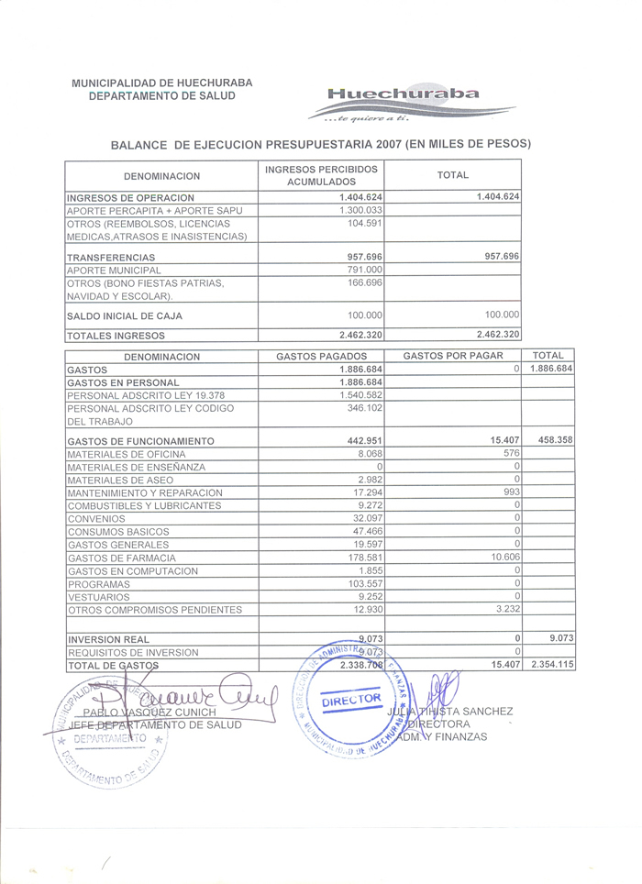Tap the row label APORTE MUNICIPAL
[115, 271]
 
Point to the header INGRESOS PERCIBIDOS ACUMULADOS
[321, 175]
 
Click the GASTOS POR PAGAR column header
[453, 356]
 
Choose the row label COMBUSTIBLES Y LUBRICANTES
[132, 505]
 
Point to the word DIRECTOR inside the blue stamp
[351, 700]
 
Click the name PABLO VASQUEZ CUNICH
[149, 713]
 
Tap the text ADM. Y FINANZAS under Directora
[448, 737]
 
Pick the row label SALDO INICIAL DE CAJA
[125, 315]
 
